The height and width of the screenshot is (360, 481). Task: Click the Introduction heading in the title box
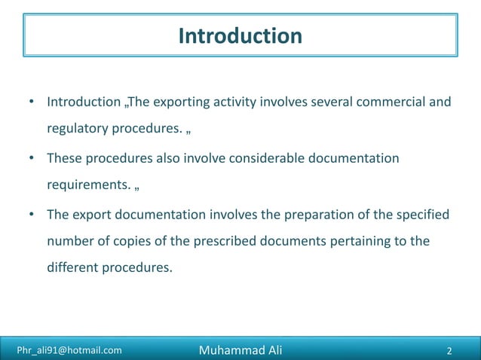point(240,35)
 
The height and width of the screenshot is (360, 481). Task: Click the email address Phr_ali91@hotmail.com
point(69,349)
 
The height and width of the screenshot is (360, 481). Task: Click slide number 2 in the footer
point(449,349)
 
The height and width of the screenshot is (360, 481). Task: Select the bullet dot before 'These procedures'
point(32,158)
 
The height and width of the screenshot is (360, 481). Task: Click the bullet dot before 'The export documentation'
point(32,215)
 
